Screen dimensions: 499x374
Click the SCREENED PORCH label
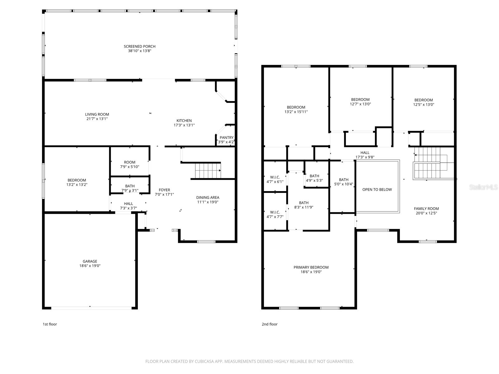[x=139, y=46]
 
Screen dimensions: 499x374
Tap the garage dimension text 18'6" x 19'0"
[x=90, y=266]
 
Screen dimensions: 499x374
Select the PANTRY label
[x=226, y=137]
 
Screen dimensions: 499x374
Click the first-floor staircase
[x=208, y=170]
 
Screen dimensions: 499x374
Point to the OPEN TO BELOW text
[x=377, y=189]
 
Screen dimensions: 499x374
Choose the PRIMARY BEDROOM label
[x=311, y=267]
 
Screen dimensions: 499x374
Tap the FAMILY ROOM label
[x=426, y=209]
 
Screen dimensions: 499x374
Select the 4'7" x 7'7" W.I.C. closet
[x=275, y=212]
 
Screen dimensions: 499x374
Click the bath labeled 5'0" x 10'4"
[x=342, y=187]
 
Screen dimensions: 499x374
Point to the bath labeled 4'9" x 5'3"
[x=317, y=174]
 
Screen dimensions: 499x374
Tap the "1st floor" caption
[x=50, y=324]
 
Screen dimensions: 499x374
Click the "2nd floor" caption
[x=269, y=324]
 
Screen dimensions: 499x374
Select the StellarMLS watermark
[x=483, y=187]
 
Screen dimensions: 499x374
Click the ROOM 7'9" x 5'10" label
[x=129, y=165]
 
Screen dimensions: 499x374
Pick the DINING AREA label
[x=208, y=198]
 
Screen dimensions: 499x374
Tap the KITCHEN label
[x=184, y=121]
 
